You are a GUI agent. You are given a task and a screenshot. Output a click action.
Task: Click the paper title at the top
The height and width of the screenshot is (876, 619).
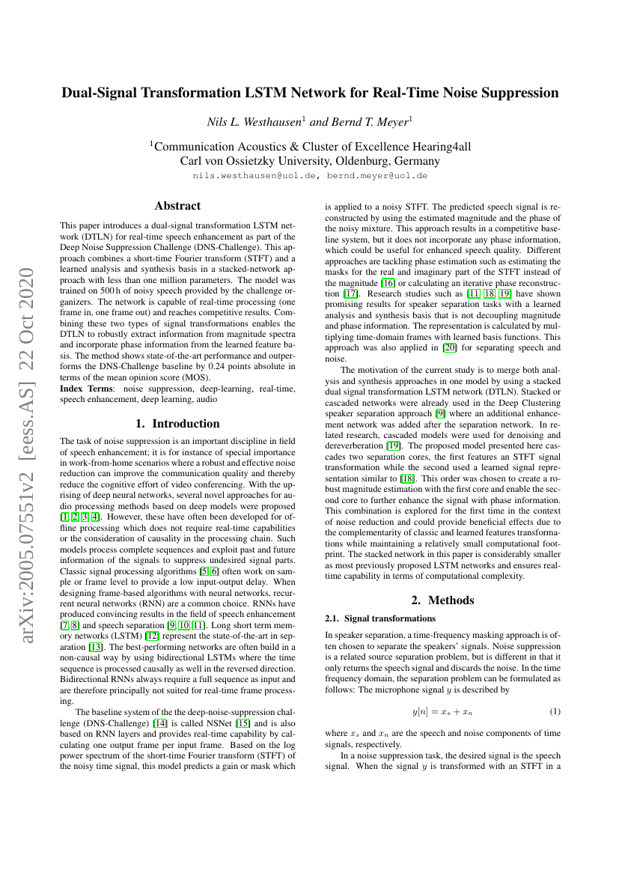tap(310, 94)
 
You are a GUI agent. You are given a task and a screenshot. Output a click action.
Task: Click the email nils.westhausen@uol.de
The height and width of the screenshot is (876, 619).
tap(255, 176)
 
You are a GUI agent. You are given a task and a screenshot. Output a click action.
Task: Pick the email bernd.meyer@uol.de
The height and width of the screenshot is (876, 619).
tap(377, 176)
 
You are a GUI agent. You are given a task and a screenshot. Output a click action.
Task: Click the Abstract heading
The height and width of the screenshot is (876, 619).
tap(177, 206)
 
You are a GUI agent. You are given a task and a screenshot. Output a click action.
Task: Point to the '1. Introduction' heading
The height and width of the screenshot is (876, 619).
tap(177, 423)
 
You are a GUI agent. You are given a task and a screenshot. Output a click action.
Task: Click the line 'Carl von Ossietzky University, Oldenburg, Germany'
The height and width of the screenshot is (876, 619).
tap(310, 160)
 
